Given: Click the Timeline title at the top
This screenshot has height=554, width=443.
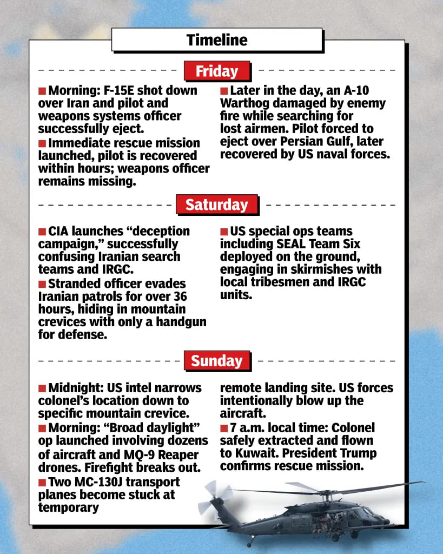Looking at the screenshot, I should click(217, 40).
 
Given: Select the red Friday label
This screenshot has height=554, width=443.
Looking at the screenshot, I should click(217, 71).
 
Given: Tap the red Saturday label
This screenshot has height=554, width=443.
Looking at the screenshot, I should click(217, 205).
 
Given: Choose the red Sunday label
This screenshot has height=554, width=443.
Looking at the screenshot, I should click(217, 361).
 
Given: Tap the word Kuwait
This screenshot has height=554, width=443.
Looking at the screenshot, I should click(257, 453).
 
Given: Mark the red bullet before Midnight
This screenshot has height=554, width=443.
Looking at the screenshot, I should click(42, 388).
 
